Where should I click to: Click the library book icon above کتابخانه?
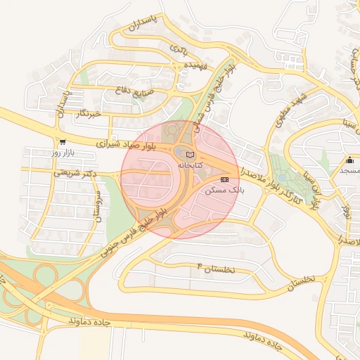click(190, 154)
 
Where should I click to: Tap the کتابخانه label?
click(190, 165)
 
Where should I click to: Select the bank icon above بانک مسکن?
click(225, 180)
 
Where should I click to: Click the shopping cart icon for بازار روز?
click(63, 141)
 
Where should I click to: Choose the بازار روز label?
click(63, 152)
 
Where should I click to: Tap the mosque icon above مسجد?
click(350, 160)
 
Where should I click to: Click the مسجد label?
click(350, 170)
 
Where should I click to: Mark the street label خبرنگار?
click(89, 113)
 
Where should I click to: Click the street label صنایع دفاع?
click(133, 90)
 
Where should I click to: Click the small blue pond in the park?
click(282, 177)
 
